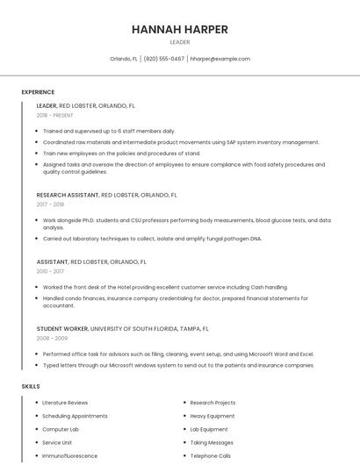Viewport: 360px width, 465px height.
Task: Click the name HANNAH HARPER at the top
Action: coord(179,29)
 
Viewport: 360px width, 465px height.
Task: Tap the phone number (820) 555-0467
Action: coord(164,59)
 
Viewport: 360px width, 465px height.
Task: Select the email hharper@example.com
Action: coord(220,59)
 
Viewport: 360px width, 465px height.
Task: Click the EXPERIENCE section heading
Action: coord(38,92)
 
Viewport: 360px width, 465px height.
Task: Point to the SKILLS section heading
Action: coord(31,386)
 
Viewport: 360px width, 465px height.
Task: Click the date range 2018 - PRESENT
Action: coord(54,115)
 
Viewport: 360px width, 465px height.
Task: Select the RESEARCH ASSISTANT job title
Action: coord(68,195)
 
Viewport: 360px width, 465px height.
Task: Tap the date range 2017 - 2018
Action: coord(51,204)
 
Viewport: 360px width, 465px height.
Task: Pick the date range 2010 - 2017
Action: coord(51,271)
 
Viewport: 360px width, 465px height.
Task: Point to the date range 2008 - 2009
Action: coord(52,338)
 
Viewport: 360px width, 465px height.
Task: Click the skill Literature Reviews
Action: coord(65,403)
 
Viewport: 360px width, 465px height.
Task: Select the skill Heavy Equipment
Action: coord(212,416)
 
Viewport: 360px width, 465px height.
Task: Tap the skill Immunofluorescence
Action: coord(69,456)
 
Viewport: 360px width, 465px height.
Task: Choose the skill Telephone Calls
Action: coord(211,456)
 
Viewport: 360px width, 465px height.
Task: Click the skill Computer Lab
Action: coord(61,429)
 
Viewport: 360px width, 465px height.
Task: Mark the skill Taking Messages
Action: coord(211,443)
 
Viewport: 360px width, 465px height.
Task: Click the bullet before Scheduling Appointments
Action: coord(36,416)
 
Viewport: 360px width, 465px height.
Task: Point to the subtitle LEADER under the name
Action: coord(179,42)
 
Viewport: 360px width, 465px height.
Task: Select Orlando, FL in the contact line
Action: coord(124,59)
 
